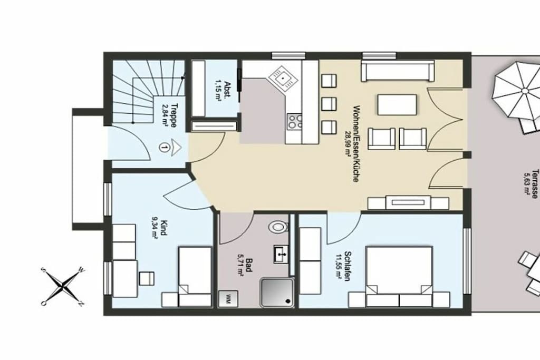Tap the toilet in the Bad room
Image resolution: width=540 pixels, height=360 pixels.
tap(277, 227)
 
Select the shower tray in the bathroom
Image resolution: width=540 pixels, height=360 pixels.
tap(277, 292)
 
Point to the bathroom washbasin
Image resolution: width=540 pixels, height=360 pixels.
tap(282, 255)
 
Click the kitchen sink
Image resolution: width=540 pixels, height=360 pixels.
tap(283, 79)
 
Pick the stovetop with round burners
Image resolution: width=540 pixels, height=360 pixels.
tap(294, 121)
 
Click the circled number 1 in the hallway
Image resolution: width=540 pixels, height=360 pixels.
tap(165, 147)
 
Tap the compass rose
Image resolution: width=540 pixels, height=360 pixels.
tap(63, 286)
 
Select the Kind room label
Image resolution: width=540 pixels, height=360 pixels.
tap(163, 228)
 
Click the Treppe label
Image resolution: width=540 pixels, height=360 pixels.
tap(174, 115)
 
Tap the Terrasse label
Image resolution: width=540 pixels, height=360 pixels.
tap(535, 183)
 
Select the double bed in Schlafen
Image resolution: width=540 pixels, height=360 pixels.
tap(399, 276)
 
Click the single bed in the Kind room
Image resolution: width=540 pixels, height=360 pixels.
tap(195, 276)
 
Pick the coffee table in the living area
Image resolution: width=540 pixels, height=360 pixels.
tap(397, 105)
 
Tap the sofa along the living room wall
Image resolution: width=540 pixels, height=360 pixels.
tap(397, 71)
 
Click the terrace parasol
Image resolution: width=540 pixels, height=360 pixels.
tap(520, 92)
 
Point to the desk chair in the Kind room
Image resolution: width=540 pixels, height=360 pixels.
tap(147, 278)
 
